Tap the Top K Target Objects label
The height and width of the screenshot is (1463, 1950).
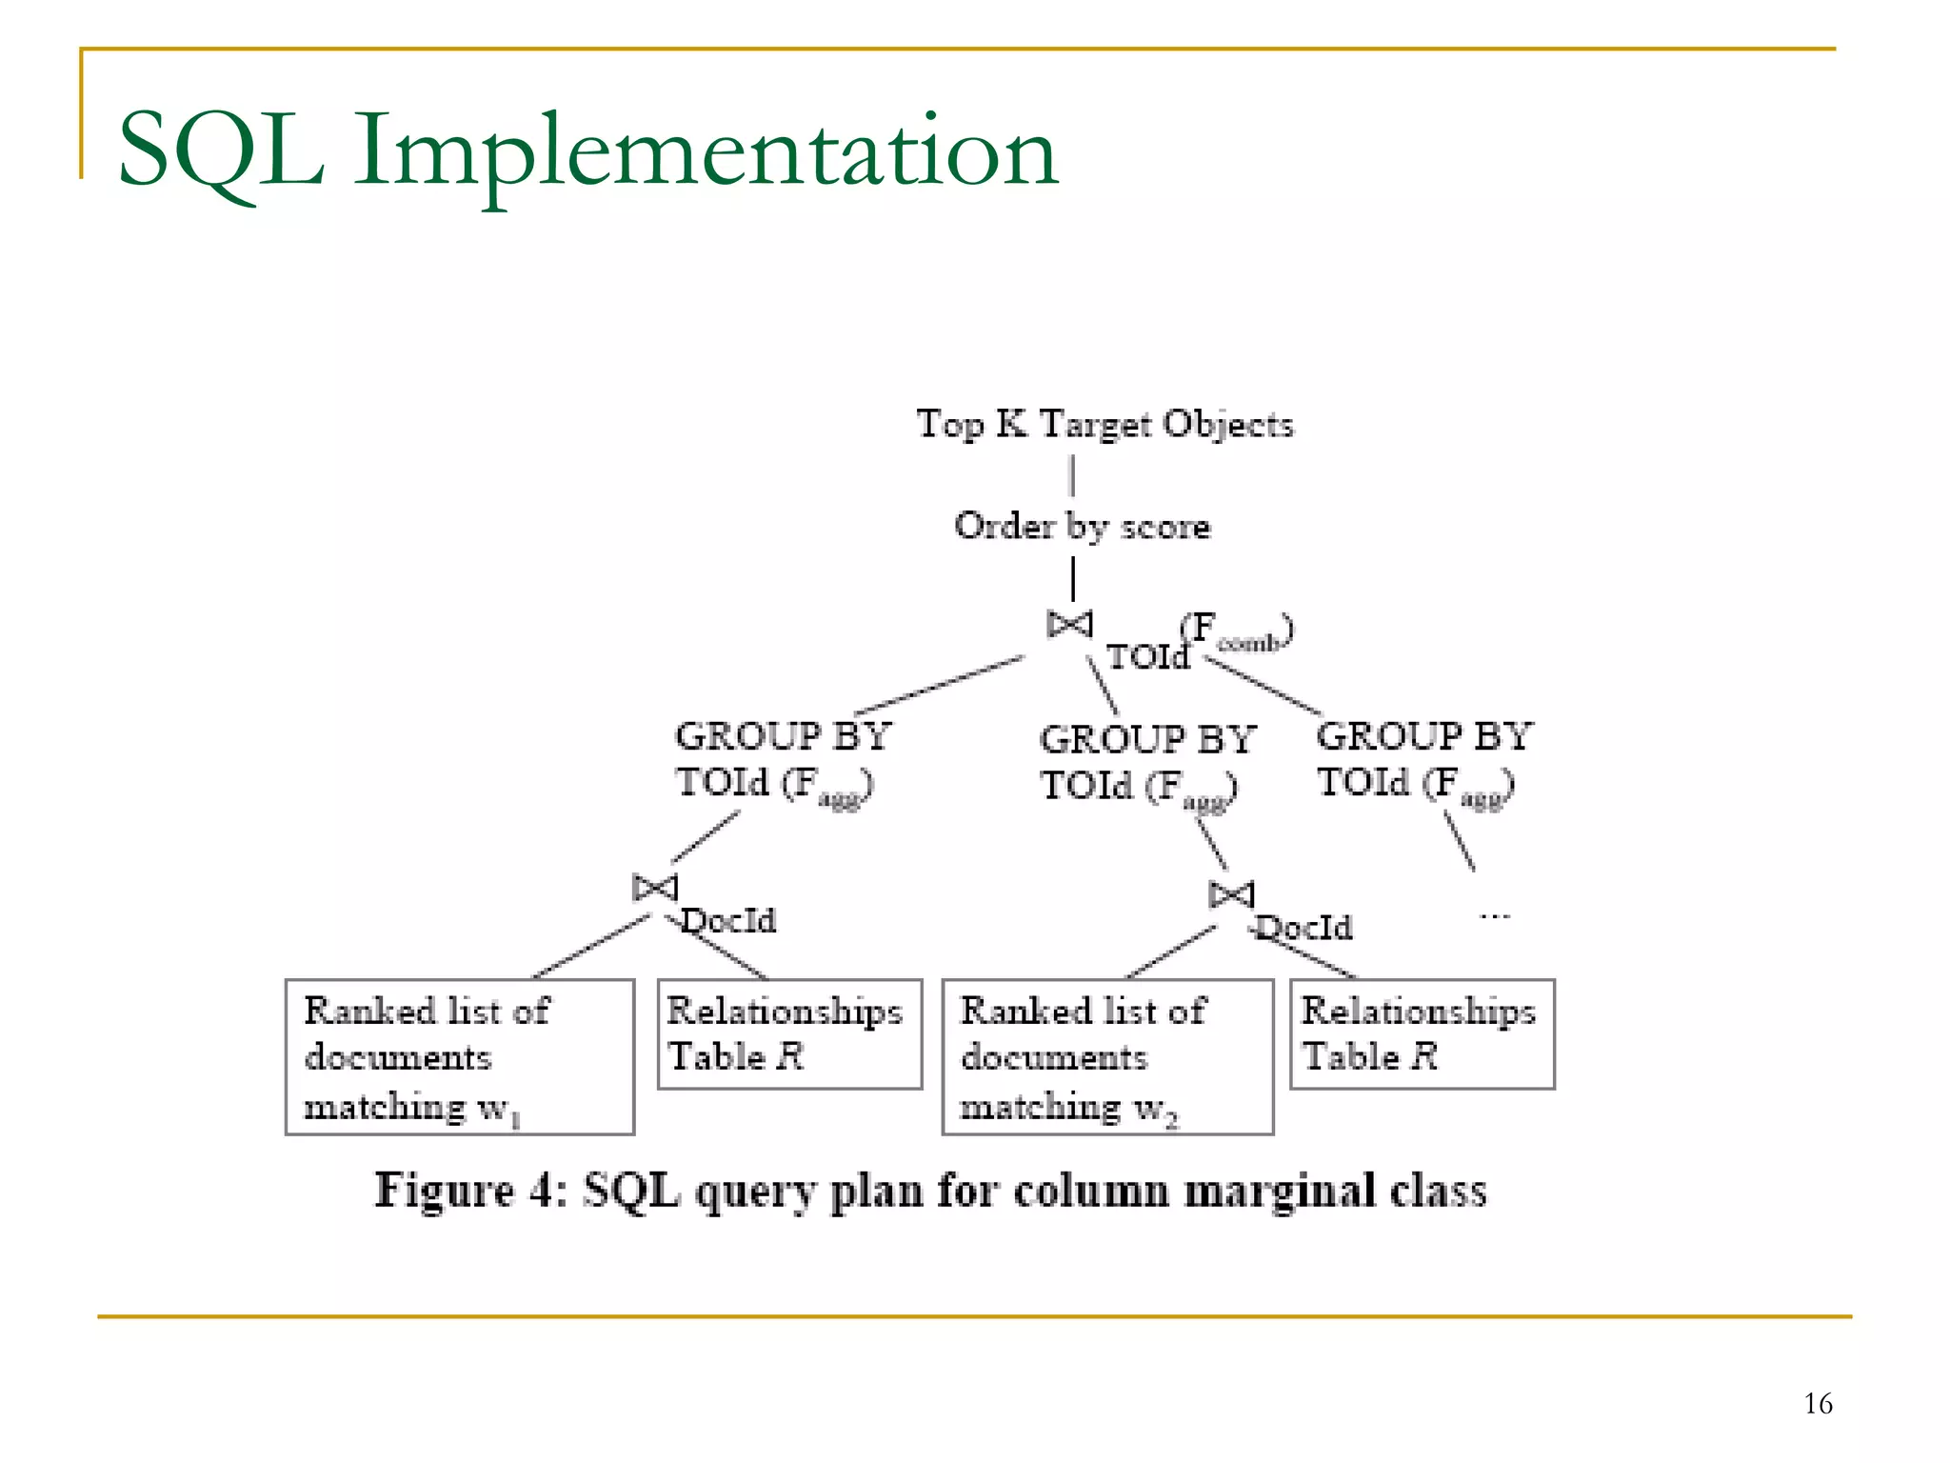pos(1104,424)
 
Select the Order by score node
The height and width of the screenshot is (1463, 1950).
pos(1083,526)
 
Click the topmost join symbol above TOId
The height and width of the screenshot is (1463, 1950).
pos(1069,625)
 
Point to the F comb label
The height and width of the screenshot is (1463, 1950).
pos(1237,631)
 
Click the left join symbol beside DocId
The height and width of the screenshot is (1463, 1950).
pos(655,888)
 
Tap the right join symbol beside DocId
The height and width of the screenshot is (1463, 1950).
pos(1231,895)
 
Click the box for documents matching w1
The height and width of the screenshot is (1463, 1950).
pos(460,1056)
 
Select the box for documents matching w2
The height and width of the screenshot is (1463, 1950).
pos(1107,1056)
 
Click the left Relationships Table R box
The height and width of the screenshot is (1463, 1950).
pos(789,1034)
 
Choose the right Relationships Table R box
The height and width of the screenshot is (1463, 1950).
pos(1422,1034)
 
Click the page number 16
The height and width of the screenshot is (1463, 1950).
pos(1818,1403)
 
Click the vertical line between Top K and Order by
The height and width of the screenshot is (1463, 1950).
pos(1072,475)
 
